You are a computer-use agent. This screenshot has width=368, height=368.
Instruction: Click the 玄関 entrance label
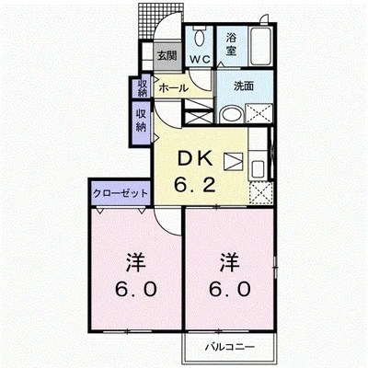click(x=167, y=55)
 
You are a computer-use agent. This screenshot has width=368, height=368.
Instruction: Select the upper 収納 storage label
click(x=143, y=88)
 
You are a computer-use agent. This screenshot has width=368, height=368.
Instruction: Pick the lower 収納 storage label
click(x=143, y=121)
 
